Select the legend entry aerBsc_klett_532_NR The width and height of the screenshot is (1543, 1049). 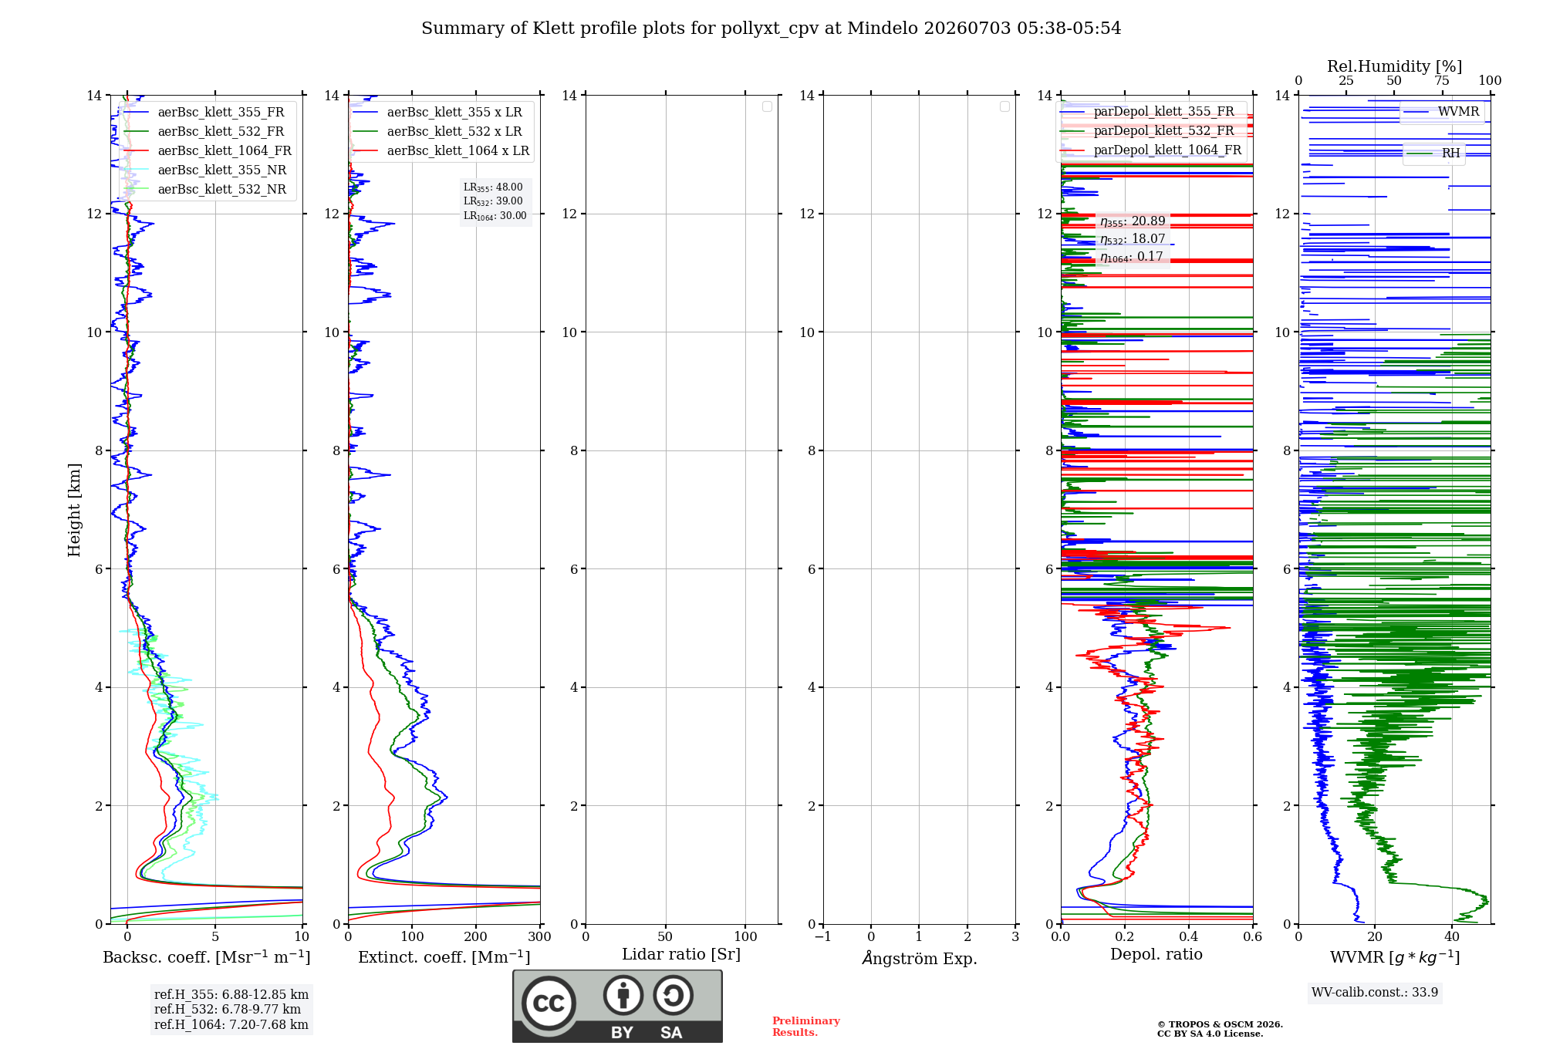(x=205, y=190)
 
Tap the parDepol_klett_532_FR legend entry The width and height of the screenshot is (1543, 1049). (x=1147, y=131)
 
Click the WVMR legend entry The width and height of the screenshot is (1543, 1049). (x=1442, y=112)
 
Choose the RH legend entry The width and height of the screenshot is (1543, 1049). (x=1433, y=153)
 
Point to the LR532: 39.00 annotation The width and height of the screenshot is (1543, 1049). (x=493, y=201)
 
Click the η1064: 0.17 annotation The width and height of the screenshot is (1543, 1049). (x=1132, y=257)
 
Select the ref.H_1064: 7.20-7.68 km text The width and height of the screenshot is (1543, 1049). (x=231, y=1024)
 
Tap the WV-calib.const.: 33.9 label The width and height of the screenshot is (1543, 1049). (x=1375, y=992)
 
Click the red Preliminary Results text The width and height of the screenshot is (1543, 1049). (x=806, y=1027)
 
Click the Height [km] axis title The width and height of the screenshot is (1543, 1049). (x=74, y=510)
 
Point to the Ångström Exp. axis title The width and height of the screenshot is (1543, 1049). (x=920, y=958)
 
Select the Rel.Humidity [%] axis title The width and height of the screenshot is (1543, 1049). (x=1395, y=66)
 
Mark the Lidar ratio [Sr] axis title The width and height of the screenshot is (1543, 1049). (x=681, y=955)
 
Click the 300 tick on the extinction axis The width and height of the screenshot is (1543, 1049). (x=540, y=937)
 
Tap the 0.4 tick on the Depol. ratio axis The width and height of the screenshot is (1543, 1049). (x=1189, y=937)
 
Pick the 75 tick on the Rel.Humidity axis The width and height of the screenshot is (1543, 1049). (x=1442, y=81)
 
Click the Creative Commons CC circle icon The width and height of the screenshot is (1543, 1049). (x=549, y=1003)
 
